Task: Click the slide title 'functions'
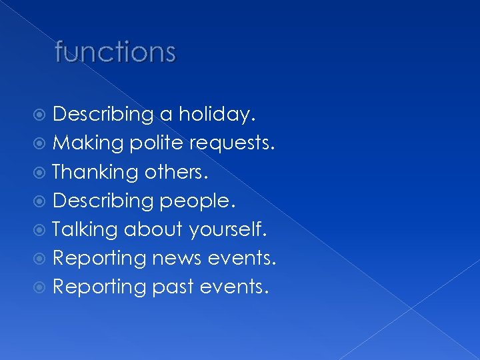tap(115, 51)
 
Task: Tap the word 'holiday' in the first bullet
tap(215, 115)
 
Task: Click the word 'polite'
tap(157, 143)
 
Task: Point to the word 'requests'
tap(231, 143)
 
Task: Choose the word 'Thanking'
tap(95, 172)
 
